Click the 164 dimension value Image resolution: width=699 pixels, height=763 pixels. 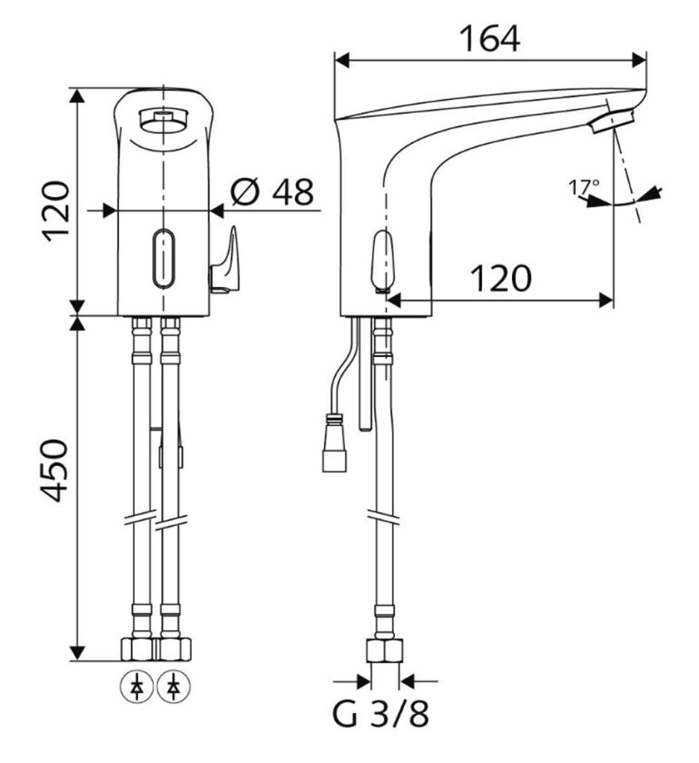click(x=490, y=39)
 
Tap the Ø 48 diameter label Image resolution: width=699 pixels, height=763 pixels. click(x=272, y=191)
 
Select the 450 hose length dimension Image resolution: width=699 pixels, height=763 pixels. click(x=54, y=470)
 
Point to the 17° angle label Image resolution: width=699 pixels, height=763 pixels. click(x=584, y=187)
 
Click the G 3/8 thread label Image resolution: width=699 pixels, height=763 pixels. click(x=381, y=714)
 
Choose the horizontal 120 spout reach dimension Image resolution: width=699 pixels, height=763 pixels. click(x=501, y=279)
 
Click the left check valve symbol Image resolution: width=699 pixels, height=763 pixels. click(x=137, y=688)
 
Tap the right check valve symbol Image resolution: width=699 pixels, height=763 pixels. click(x=174, y=688)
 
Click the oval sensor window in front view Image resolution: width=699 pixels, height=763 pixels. click(x=164, y=258)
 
